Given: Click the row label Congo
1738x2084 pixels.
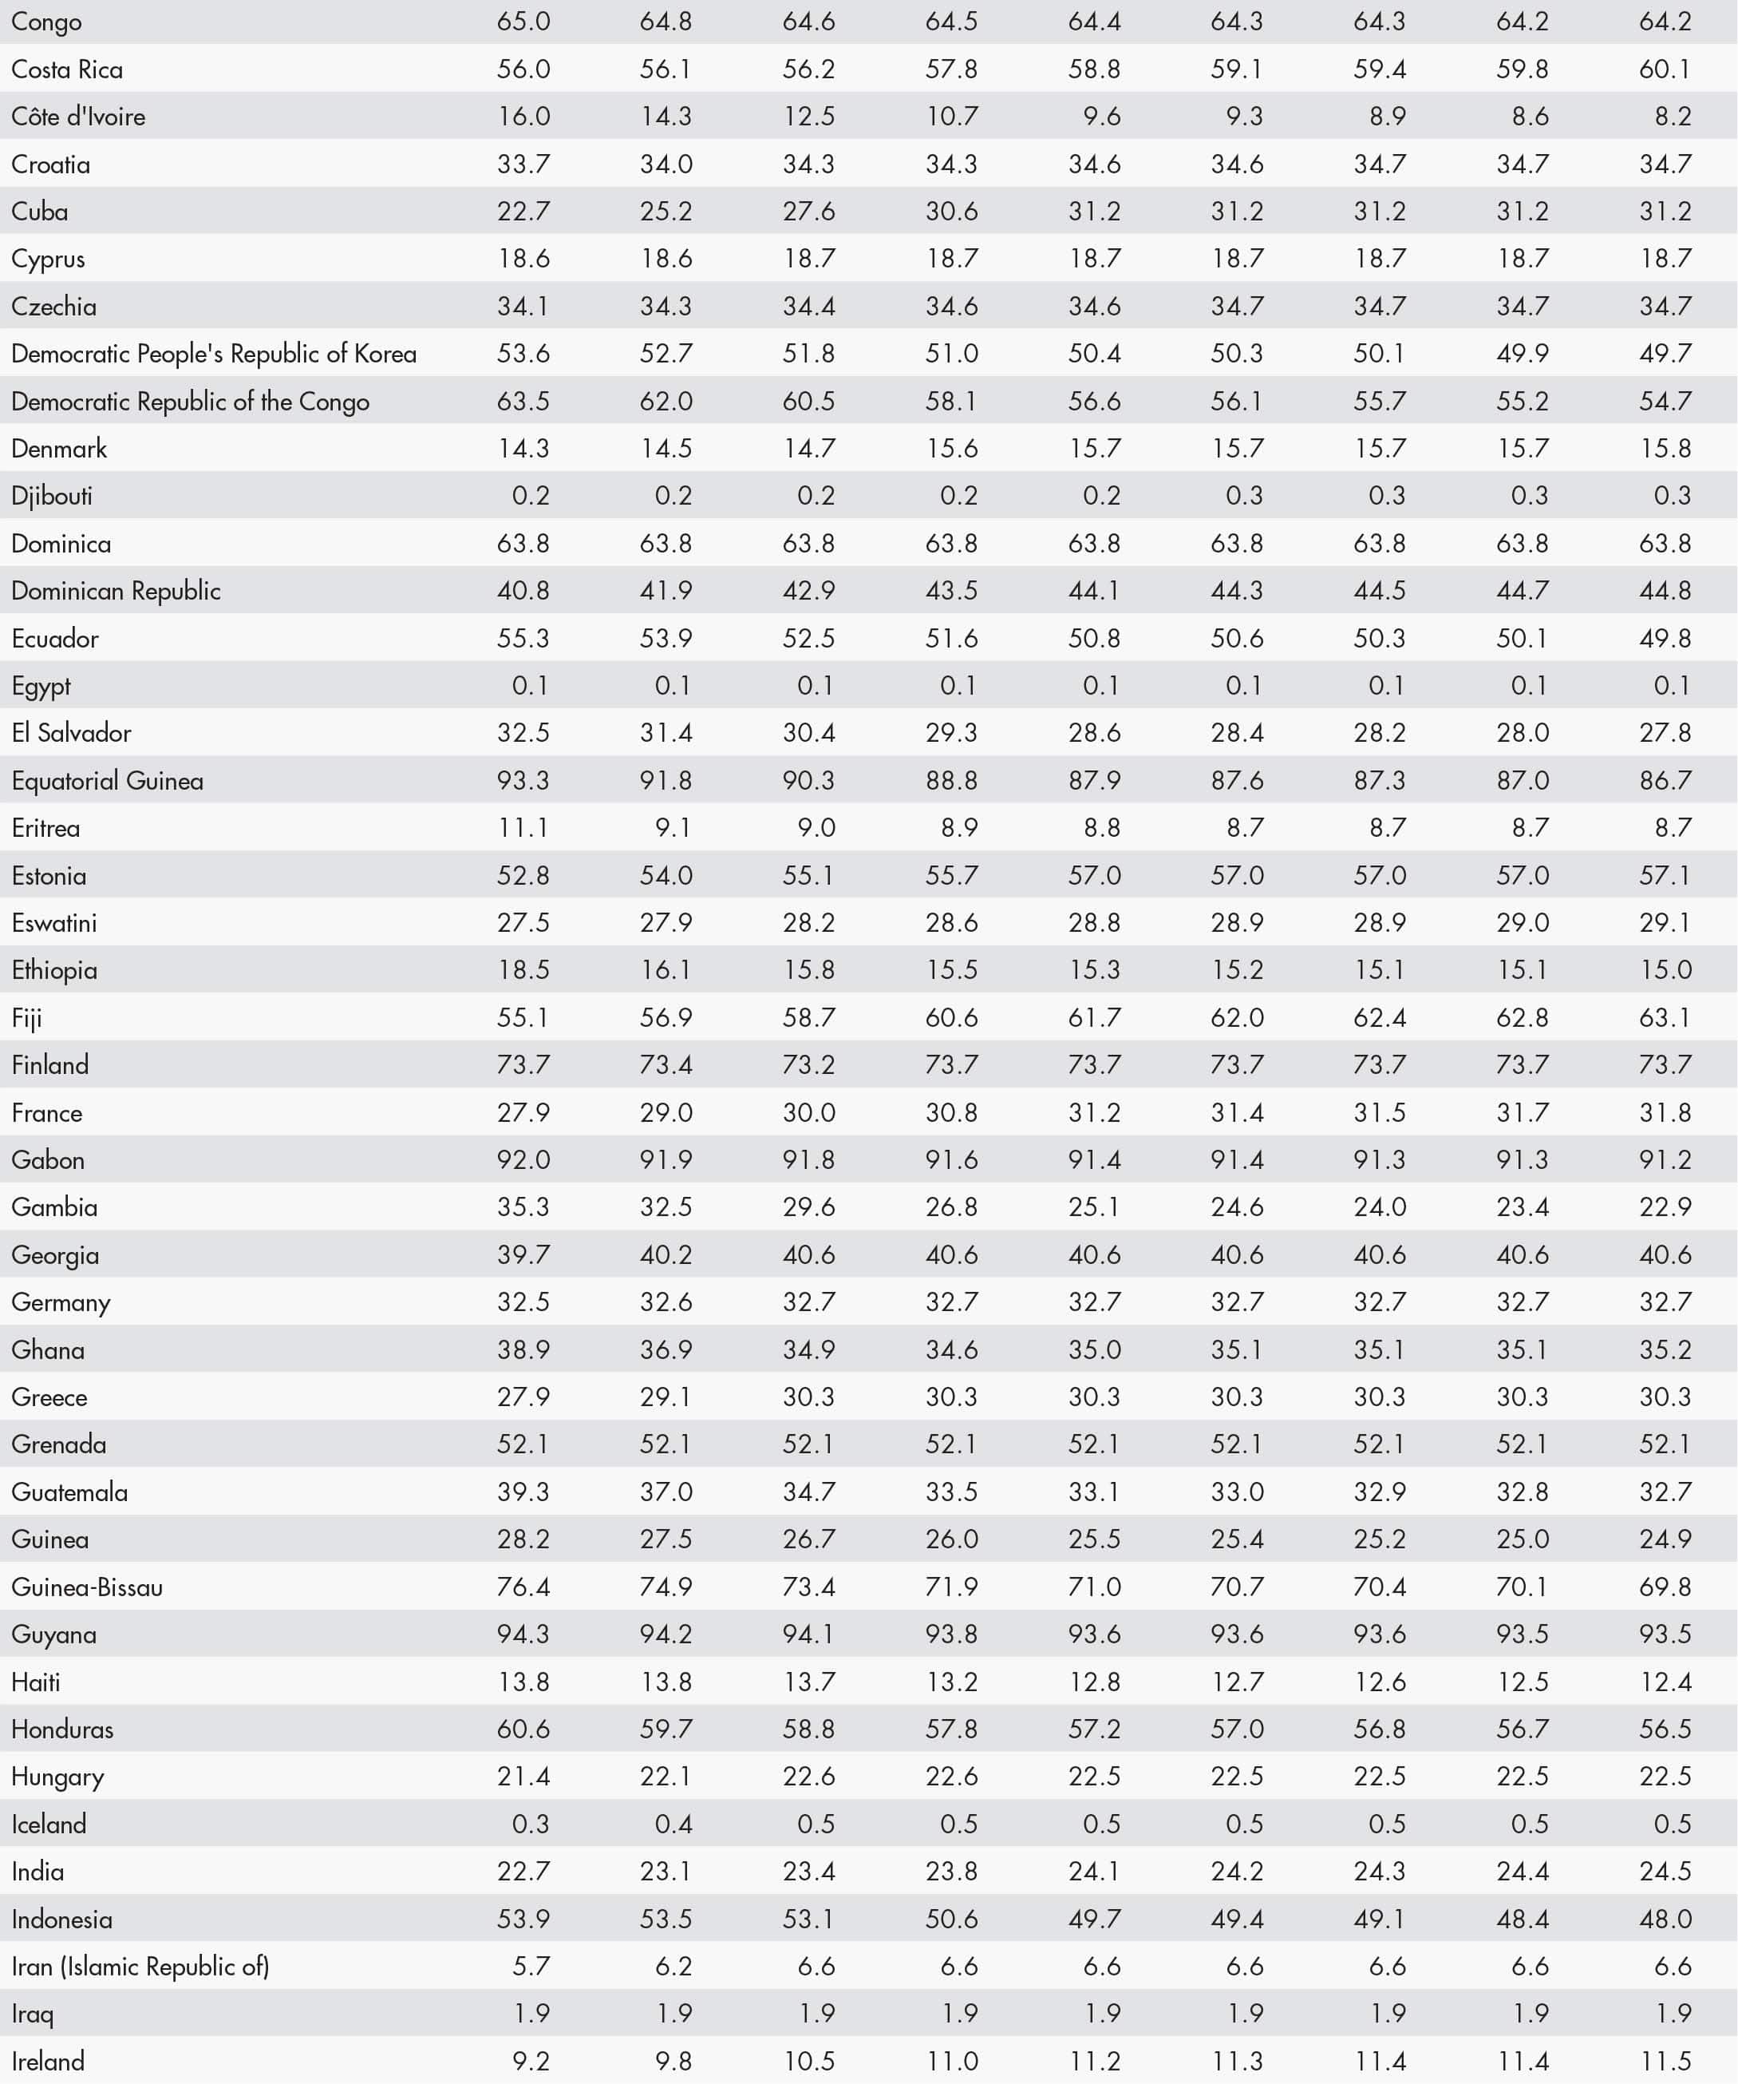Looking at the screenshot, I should click(x=46, y=22).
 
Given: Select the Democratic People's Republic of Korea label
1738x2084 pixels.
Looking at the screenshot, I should click(x=213, y=355).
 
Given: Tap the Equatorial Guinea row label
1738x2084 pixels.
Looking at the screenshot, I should click(x=107, y=781).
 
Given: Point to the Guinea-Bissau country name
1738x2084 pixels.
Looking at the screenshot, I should click(x=87, y=1587).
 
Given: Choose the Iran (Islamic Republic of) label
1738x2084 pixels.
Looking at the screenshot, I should click(x=140, y=1966).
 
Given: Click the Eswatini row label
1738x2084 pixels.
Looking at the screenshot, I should click(x=53, y=923).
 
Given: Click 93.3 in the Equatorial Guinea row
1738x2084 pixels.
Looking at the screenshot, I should click(x=523, y=781).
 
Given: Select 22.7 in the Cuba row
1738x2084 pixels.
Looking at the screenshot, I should click(x=523, y=212).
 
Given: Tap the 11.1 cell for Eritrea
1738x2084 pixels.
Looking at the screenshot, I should click(x=523, y=828).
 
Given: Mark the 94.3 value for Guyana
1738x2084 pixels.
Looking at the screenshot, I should click(x=523, y=1634).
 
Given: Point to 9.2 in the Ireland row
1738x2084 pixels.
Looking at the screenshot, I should click(x=531, y=2061).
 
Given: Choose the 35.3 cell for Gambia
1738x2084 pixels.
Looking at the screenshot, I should click(x=523, y=1208).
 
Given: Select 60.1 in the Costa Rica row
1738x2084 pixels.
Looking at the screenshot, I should click(x=1665, y=69).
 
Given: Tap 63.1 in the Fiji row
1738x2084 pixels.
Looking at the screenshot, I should click(x=1665, y=1017).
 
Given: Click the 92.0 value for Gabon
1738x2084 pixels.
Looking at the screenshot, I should click(x=523, y=1160).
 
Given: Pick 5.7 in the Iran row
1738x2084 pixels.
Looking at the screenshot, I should click(x=531, y=1966).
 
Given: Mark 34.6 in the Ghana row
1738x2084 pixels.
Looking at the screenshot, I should click(x=951, y=1349).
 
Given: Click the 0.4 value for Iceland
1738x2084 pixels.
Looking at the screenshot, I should click(x=673, y=1824).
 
